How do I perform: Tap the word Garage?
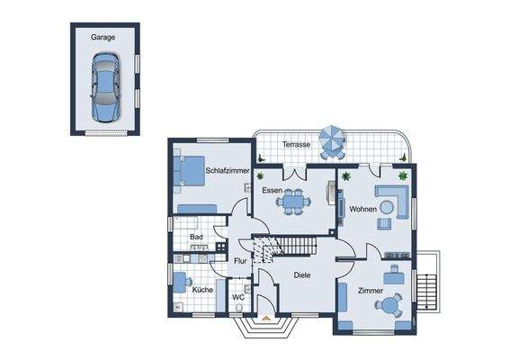103,39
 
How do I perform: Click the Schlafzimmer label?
226,170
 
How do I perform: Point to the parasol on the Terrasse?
333,139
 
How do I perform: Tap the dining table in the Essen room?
292,203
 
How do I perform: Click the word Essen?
273,191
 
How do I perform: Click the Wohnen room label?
362,209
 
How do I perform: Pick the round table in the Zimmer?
388,307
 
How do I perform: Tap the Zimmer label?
369,291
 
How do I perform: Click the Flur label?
240,261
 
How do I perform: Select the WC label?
238,295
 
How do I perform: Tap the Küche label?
201,290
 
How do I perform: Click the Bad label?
195,238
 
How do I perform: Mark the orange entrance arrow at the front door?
266,318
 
